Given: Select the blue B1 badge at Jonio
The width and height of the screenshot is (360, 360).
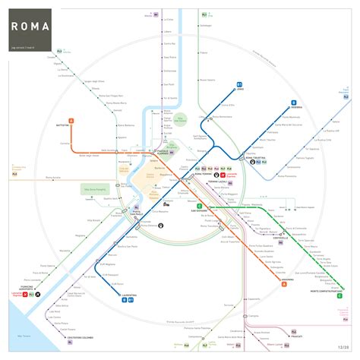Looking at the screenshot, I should [x=240, y=85].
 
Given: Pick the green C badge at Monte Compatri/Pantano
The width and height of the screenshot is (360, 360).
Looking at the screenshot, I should [x=339, y=297].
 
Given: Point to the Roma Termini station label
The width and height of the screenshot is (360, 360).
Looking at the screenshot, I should [x=204, y=175].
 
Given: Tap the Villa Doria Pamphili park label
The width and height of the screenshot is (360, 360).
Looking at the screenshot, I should [x=96, y=189].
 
